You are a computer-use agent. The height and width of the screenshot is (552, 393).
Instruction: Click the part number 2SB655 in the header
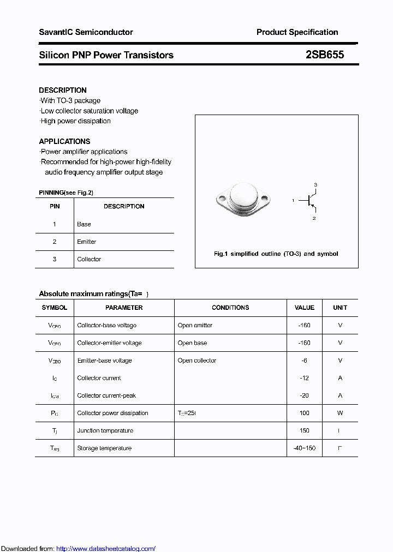pyautogui.click(x=325, y=55)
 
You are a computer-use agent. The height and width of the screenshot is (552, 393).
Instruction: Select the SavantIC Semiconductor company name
pyautogui.click(x=86, y=32)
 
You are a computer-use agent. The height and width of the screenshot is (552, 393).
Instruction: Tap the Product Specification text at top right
pyautogui.click(x=297, y=32)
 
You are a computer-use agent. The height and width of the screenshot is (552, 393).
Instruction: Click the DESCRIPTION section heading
pyautogui.click(x=63, y=90)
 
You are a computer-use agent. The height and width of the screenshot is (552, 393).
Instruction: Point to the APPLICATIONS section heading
pyautogui.click(x=64, y=141)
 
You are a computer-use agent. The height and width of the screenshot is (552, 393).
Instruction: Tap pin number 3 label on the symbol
pyautogui.click(x=315, y=185)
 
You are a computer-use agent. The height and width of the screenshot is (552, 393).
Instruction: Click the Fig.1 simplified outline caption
pyautogui.click(x=276, y=254)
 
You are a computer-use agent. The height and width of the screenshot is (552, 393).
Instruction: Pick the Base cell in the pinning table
pyautogui.click(x=84, y=224)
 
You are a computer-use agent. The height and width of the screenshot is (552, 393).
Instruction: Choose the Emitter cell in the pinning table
pyautogui.click(x=86, y=242)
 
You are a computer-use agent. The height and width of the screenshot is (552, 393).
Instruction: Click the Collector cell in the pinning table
pyautogui.click(x=89, y=259)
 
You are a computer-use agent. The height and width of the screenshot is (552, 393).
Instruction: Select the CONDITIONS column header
pyautogui.click(x=230, y=308)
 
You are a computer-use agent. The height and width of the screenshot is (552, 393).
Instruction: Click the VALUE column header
pyautogui.click(x=304, y=308)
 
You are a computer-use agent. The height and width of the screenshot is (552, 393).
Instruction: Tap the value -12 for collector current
pyautogui.click(x=304, y=378)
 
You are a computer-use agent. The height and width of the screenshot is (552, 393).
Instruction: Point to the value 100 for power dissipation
pyautogui.click(x=304, y=413)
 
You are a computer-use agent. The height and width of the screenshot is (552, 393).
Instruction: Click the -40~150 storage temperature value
pyautogui.click(x=304, y=448)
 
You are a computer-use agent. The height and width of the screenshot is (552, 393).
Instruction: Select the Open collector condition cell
pyautogui.click(x=196, y=361)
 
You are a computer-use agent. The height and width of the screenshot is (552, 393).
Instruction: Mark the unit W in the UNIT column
pyautogui.click(x=340, y=413)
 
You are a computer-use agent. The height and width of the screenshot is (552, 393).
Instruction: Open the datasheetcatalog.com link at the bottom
pyautogui.click(x=106, y=548)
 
